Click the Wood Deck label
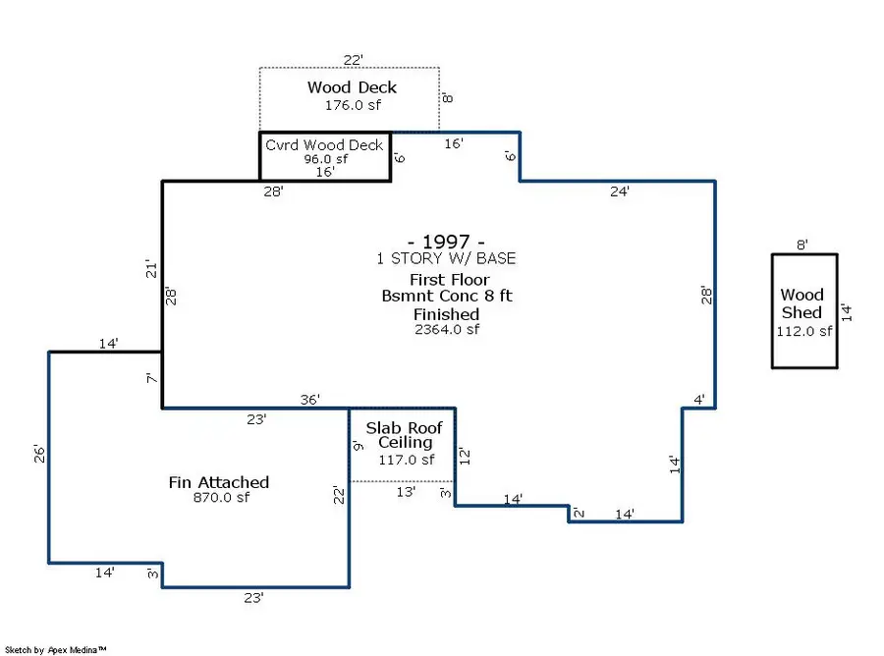[351, 88]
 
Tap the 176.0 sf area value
[353, 104]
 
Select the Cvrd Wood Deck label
[324, 145]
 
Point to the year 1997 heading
[446, 242]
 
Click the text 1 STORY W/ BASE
[446, 259]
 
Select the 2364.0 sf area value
[446, 330]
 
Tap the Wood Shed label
[802, 303]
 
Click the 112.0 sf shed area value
[804, 331]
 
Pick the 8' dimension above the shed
[802, 246]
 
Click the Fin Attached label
[218, 482]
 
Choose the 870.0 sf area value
[219, 498]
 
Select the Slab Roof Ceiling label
[404, 435]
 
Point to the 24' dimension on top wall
[619, 192]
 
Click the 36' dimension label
[310, 400]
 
